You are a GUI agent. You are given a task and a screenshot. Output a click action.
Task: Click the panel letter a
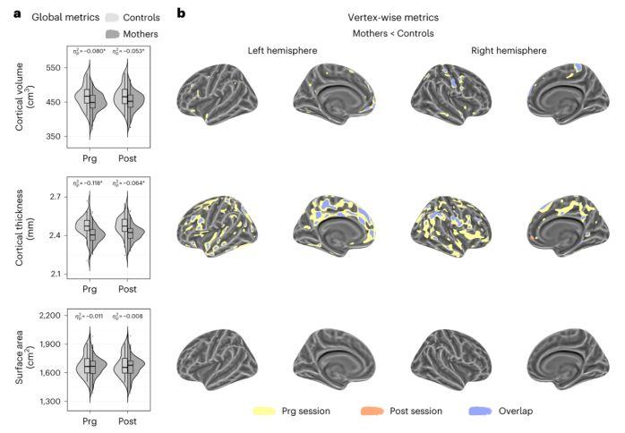click(x=8, y=14)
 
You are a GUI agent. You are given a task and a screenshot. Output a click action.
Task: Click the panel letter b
click(x=182, y=14)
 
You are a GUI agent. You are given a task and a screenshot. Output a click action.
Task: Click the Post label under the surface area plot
click(x=127, y=419)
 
